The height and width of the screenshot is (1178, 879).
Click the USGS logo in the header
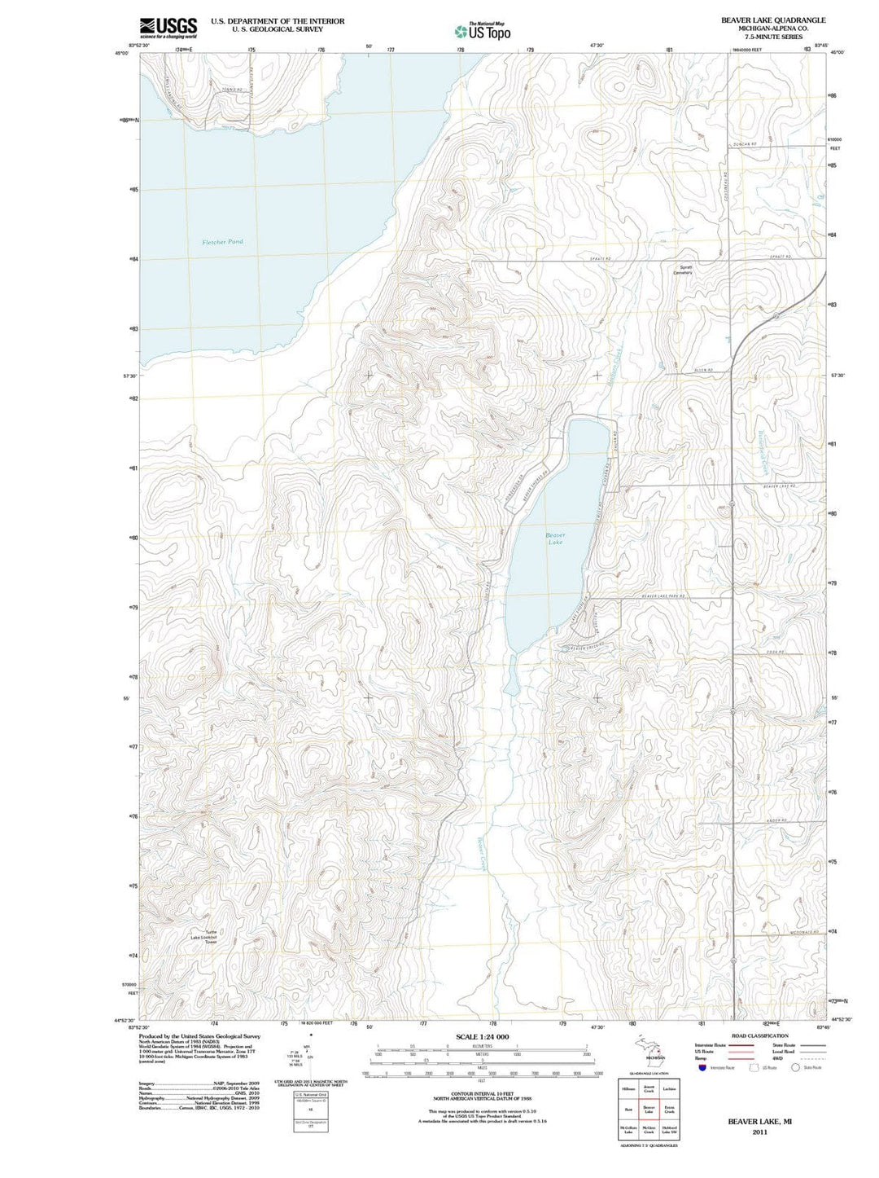pos(168,28)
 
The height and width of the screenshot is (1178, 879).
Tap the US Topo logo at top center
pos(483,32)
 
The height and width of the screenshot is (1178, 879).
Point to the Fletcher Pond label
pos(222,242)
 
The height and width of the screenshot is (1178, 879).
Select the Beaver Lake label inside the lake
pos(555,538)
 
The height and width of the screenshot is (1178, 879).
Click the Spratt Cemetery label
pos(682,270)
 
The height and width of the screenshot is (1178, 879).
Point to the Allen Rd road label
pos(704,371)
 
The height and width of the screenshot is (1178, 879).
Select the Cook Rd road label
pos(773,652)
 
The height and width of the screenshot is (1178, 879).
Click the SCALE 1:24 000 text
pos(483,1036)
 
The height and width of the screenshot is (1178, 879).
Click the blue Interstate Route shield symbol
pos(702,1067)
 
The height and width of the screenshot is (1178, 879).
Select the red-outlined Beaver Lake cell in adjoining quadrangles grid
pos(649,1110)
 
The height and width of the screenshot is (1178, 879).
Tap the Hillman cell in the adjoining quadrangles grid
pos(628,1088)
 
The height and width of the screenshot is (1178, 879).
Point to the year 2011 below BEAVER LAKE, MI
pos(759,1132)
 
